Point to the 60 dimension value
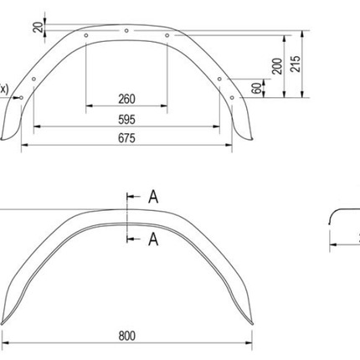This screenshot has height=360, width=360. click(x=257, y=86)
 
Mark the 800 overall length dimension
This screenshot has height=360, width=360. click(x=127, y=336)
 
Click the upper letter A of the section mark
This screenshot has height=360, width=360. click(x=153, y=198)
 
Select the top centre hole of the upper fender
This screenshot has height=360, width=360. click(x=126, y=31)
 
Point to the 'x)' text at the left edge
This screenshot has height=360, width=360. click(x=4, y=88)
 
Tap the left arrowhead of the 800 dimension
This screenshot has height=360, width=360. click(x=6, y=343)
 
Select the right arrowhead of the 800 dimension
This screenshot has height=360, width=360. click(x=249, y=343)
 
